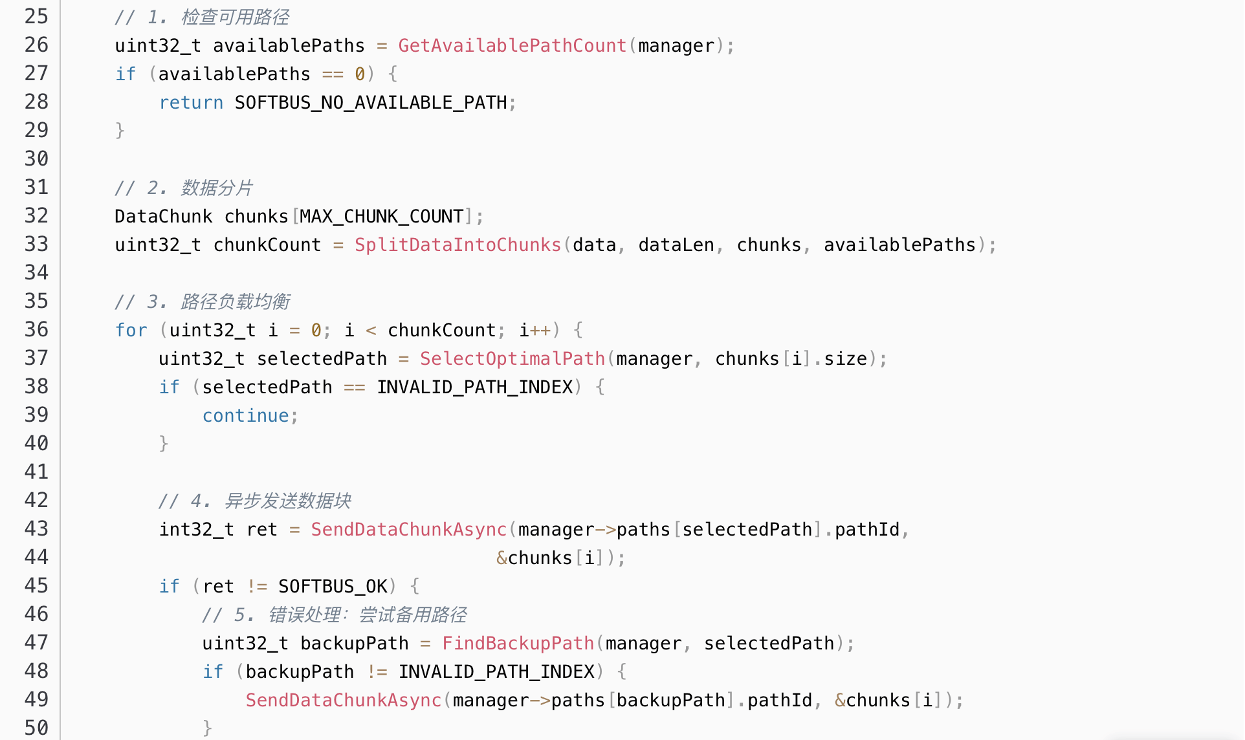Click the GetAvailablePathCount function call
coord(512,45)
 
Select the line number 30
coord(36,158)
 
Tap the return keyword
coord(191,102)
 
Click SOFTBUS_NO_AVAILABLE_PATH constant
coord(371,102)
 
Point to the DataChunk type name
coord(163,216)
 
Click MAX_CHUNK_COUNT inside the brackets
coord(382,216)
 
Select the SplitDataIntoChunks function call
coord(457,245)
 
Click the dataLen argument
coord(676,245)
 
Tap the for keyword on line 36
coord(131,330)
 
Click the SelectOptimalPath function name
coord(512,358)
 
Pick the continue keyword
coord(245,415)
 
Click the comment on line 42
coord(255,501)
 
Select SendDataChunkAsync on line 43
coord(408,529)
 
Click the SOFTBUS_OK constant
coord(333,586)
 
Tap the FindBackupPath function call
coord(518,643)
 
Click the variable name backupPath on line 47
coord(354,643)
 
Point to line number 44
coord(36,557)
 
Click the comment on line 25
coord(202,17)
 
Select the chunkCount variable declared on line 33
coord(267,245)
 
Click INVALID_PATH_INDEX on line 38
coord(475,387)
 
